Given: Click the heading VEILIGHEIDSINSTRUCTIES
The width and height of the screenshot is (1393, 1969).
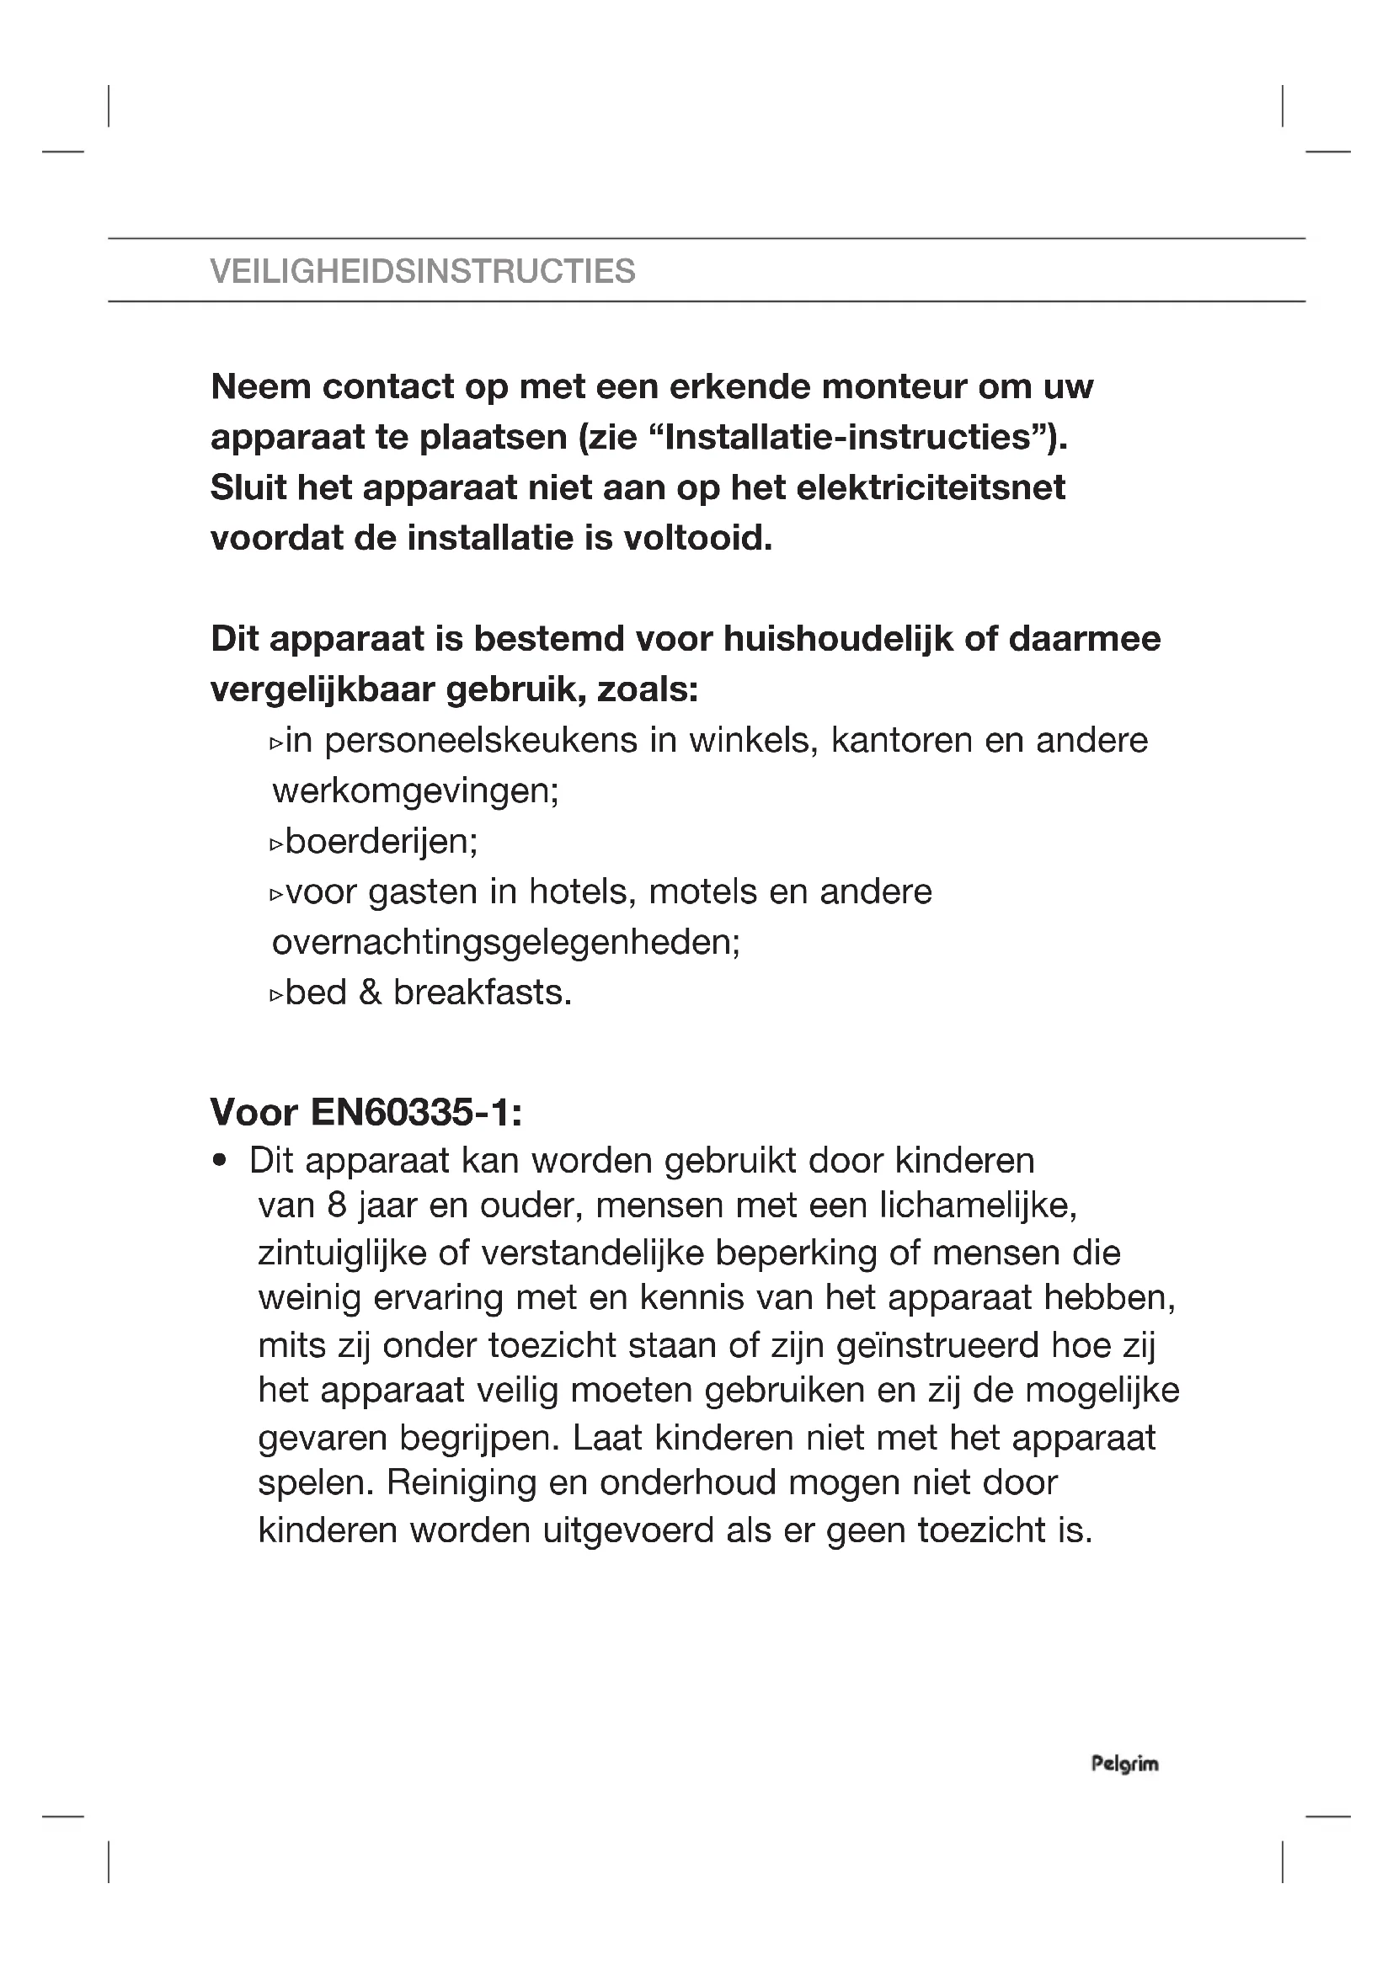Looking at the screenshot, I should click(x=422, y=271).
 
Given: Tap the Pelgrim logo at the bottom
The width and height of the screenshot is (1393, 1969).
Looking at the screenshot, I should click(x=1124, y=1764).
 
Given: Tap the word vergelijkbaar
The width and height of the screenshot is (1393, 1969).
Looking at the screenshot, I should click(x=323, y=689).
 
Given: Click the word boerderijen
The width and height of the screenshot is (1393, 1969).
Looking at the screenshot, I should click(x=381, y=842).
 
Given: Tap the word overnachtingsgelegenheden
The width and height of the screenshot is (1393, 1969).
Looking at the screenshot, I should click(x=505, y=943).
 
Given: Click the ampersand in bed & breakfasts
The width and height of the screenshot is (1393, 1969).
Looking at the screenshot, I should click(x=370, y=993).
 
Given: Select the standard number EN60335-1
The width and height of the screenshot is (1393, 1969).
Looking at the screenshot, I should click(x=415, y=1113).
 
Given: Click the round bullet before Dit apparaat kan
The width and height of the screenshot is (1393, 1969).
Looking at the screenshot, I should click(x=221, y=1161).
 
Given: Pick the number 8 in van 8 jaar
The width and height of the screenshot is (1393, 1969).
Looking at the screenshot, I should click(x=336, y=1206).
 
